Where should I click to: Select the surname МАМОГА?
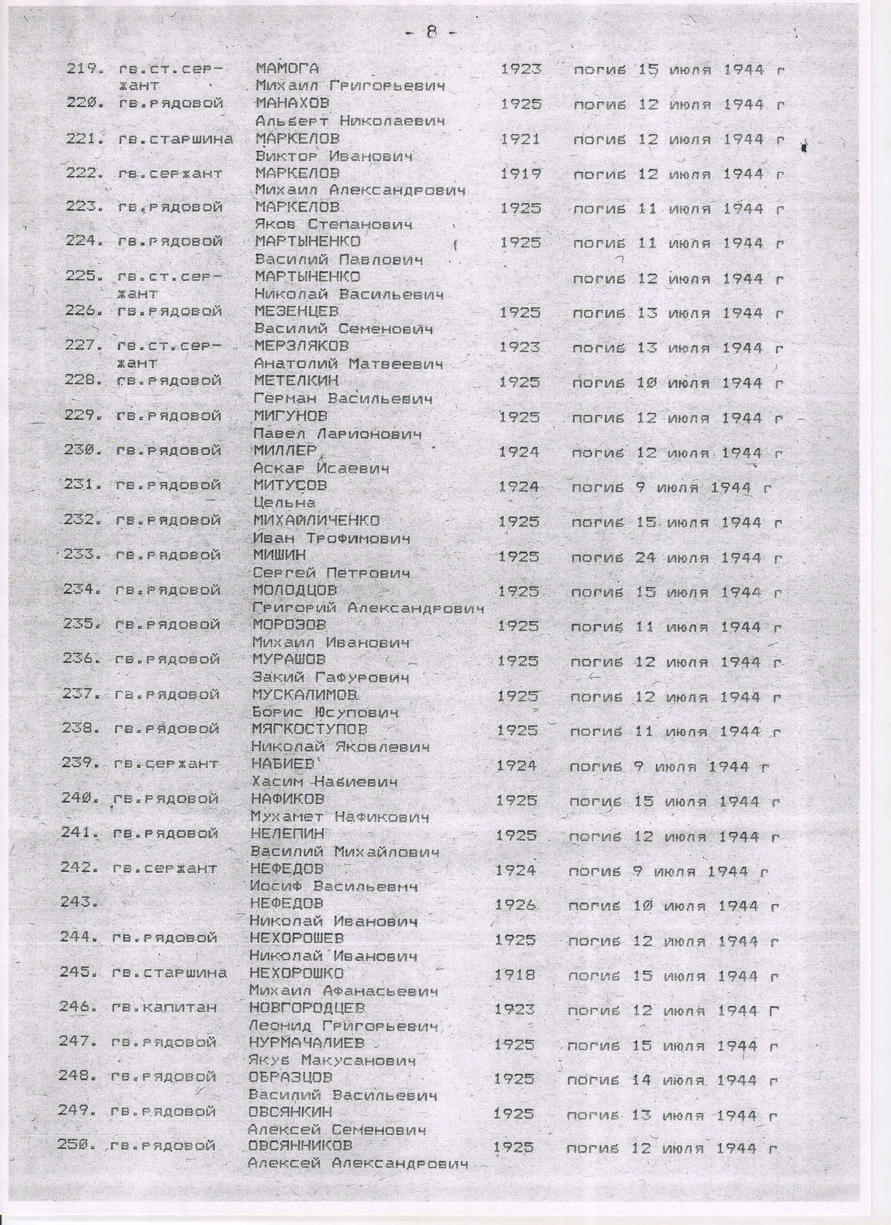287,69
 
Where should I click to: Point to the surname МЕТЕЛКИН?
296,382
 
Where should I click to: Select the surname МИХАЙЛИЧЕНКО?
316,521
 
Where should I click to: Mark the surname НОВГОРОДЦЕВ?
307,1008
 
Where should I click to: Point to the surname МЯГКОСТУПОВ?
310,730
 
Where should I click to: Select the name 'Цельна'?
285,504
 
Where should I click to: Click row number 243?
80,905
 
